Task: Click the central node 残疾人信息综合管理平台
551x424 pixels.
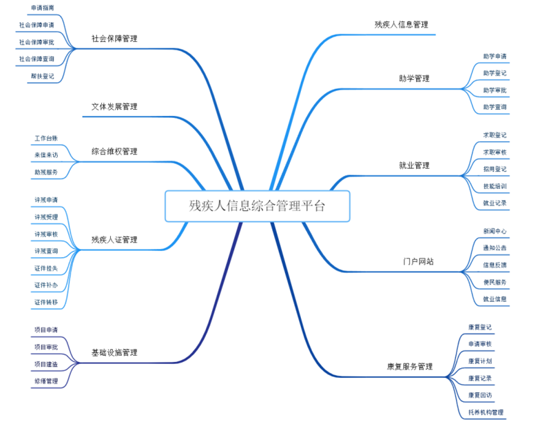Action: [x=257, y=205]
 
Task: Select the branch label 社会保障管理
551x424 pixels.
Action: [x=114, y=39]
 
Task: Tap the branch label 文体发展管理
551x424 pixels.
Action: [x=114, y=107]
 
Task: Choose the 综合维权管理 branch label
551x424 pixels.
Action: [x=114, y=151]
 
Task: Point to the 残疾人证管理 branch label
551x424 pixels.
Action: [x=114, y=240]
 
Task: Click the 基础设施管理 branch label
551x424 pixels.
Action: [x=114, y=352]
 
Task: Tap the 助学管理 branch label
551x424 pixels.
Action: [x=414, y=79]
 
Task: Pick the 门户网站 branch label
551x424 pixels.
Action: [x=418, y=262]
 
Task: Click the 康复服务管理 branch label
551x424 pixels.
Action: [x=410, y=366]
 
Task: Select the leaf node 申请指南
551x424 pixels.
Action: [x=42, y=8]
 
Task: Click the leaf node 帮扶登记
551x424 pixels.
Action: [x=42, y=76]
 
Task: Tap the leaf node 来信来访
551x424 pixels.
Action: [x=46, y=155]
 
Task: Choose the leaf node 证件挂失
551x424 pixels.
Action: [x=46, y=267]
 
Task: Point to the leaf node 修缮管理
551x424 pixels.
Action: [x=46, y=381]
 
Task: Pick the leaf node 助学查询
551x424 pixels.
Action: [x=495, y=107]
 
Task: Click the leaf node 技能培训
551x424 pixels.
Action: [x=495, y=186]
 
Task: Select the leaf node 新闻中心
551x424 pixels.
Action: [x=495, y=231]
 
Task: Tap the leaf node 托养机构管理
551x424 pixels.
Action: [x=486, y=412]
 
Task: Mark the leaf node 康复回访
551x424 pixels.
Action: [x=479, y=395]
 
